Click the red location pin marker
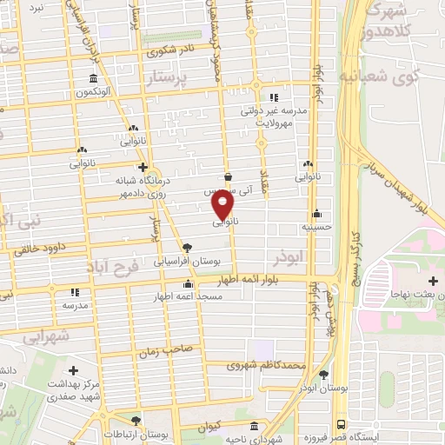click(222, 203)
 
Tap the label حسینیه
click(318, 227)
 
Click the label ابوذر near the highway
click(288, 259)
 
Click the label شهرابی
click(45, 335)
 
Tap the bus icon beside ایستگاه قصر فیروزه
click(341, 424)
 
